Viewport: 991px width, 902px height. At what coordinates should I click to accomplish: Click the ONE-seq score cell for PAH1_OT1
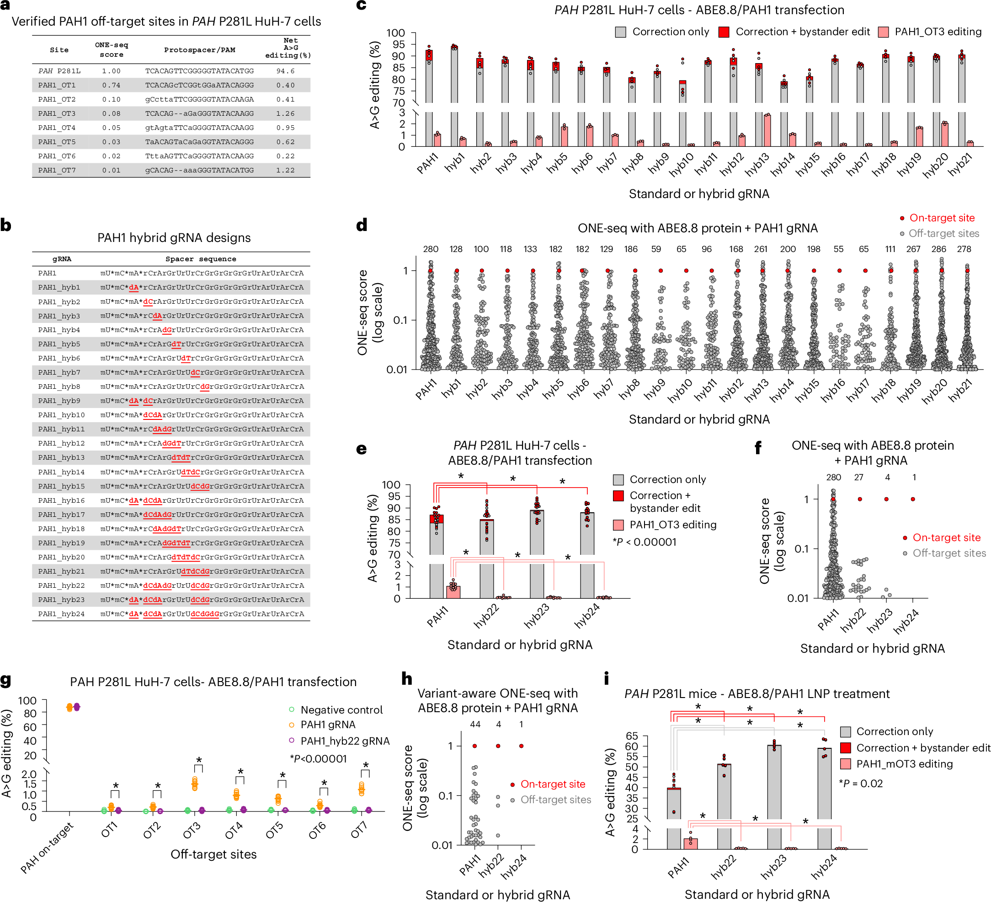click(x=111, y=85)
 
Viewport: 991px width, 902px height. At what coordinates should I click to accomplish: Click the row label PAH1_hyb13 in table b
click(x=61, y=457)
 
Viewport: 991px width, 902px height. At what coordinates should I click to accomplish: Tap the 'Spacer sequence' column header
click(x=201, y=259)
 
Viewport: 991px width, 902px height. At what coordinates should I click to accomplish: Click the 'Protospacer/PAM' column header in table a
click(x=200, y=50)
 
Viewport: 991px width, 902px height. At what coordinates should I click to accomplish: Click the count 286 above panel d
click(x=938, y=249)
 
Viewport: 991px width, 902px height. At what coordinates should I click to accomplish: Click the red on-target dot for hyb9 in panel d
click(x=661, y=270)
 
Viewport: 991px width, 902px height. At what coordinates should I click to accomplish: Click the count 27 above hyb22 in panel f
click(x=858, y=477)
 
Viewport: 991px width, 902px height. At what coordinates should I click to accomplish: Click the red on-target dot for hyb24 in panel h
click(x=521, y=746)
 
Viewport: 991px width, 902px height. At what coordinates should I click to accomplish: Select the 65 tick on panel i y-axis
click(x=632, y=736)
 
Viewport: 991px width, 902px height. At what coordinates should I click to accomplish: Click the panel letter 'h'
click(x=406, y=679)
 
